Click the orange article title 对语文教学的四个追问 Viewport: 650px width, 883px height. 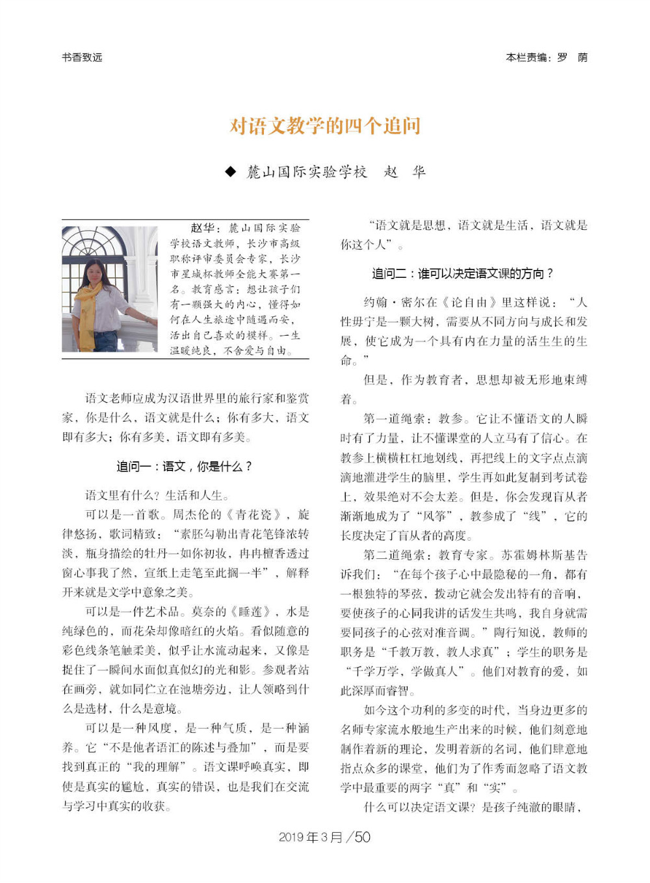coord(325,126)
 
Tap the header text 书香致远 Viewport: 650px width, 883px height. coord(82,57)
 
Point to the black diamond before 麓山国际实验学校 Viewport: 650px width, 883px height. coord(230,172)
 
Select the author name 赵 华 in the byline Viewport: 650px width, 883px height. coord(404,172)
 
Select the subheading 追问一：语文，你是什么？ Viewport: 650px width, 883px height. coord(184,467)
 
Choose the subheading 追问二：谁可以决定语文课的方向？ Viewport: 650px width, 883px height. coord(463,274)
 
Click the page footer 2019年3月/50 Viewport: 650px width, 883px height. coord(324,837)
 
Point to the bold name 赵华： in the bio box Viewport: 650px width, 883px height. coord(206,228)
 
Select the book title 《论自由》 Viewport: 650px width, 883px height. coord(469,302)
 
